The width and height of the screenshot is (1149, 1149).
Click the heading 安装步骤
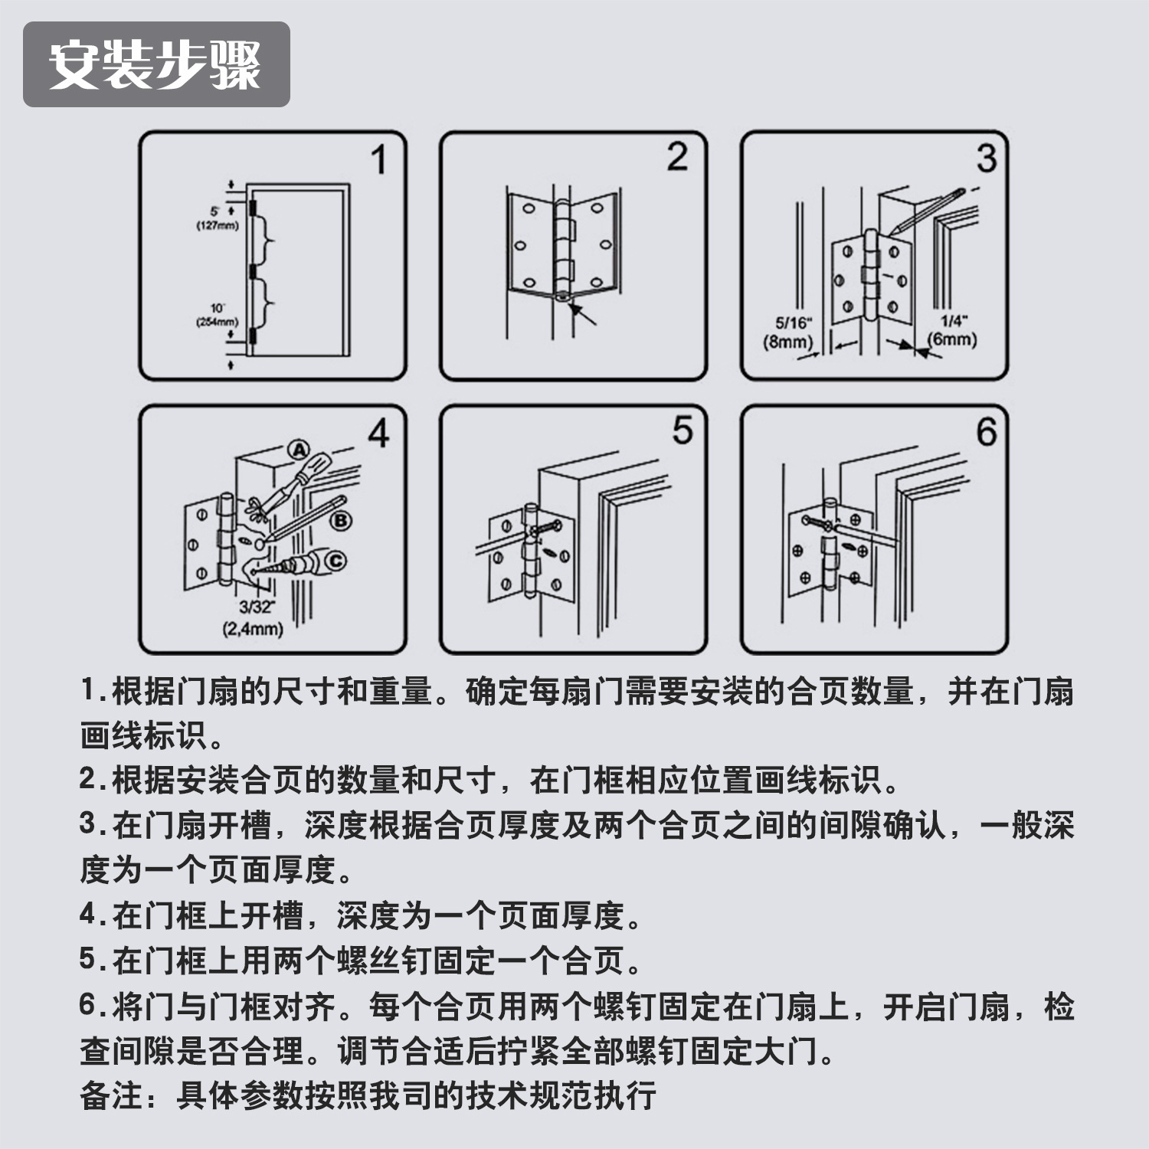click(155, 64)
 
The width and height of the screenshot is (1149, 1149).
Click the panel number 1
click(378, 161)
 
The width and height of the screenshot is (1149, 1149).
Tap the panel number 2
click(677, 157)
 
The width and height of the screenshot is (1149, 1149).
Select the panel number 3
click(987, 159)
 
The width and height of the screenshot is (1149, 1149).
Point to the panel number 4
click(378, 434)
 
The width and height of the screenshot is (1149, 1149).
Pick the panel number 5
click(682, 430)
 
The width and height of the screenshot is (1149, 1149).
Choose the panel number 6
click(987, 432)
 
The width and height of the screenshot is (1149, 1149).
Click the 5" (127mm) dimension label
click(218, 218)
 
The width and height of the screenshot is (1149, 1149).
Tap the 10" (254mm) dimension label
click(218, 315)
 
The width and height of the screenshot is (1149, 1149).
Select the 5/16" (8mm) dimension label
click(789, 332)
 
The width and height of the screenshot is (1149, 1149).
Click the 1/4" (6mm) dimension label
click(952, 331)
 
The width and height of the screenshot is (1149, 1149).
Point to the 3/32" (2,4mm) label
click(254, 618)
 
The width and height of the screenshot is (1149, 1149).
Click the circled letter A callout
click(298, 450)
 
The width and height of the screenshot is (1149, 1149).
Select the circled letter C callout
click(336, 562)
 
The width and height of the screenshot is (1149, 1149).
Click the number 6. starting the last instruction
click(92, 1006)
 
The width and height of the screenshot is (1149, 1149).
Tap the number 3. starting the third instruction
click(92, 824)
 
